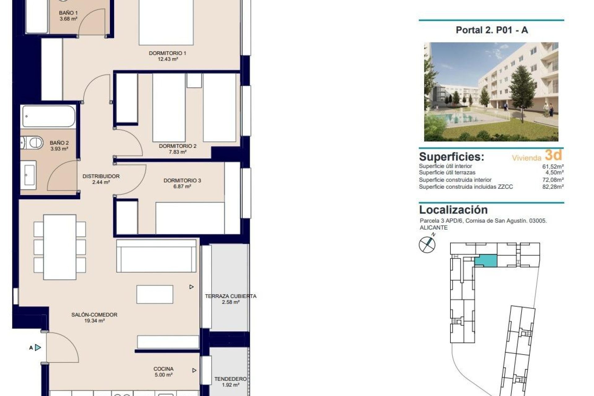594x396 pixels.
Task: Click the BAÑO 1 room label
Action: coord(68,13)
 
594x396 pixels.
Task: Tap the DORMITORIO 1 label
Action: coord(167,53)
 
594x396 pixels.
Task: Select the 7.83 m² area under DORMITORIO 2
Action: coord(178,152)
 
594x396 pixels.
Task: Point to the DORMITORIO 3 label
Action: coord(182,180)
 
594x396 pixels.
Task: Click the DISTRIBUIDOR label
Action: coord(101,176)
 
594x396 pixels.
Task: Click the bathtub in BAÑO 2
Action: coord(49,116)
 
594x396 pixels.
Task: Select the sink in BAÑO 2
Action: coord(29,175)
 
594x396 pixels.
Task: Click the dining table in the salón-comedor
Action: coord(60,247)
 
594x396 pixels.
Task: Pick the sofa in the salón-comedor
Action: coord(156,256)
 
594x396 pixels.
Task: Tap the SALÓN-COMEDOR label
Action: coord(94,315)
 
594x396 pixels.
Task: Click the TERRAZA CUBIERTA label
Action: coord(230,296)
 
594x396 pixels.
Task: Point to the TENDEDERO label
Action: coord(230,379)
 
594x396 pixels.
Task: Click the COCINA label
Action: coord(163,369)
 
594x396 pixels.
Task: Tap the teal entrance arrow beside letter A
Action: coord(38,347)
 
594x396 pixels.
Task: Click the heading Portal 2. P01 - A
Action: coord(492,30)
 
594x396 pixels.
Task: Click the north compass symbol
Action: coord(427,244)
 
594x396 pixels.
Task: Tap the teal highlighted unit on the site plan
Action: coord(486,261)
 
